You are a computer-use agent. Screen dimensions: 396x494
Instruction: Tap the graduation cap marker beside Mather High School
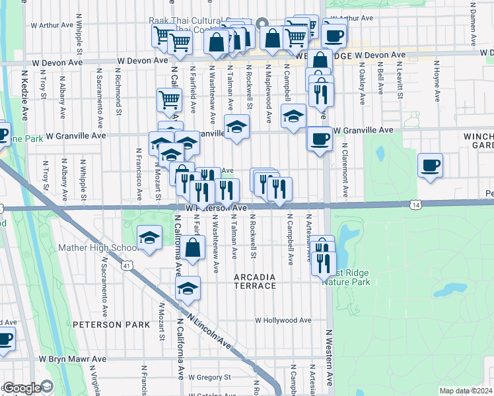150,238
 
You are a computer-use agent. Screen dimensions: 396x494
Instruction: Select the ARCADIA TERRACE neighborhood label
255,281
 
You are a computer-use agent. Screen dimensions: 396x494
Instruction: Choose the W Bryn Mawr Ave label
72,359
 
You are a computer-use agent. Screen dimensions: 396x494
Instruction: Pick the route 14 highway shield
415,205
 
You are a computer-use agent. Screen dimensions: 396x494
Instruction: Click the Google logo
22,389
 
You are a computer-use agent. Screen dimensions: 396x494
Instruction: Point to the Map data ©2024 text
465,391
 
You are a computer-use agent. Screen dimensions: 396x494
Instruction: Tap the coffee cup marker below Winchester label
431,165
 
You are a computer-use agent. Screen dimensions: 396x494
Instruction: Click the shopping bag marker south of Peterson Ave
192,249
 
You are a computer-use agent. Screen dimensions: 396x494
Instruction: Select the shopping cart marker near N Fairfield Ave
169,101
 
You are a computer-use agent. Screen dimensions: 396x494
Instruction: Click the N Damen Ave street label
473,17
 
